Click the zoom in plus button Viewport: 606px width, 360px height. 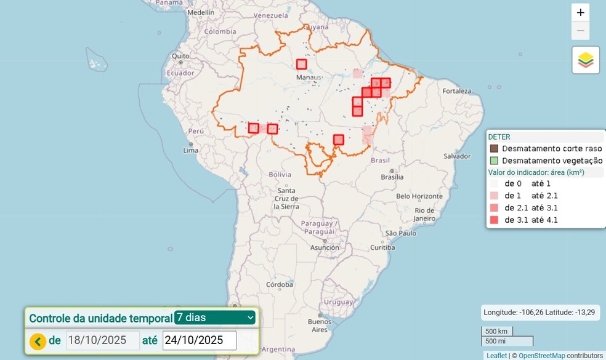coord(580,12)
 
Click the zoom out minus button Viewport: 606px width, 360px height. coord(580,31)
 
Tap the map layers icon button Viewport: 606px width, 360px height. coord(586,60)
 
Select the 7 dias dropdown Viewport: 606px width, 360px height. coord(214,318)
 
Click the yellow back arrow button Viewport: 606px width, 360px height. coord(38,341)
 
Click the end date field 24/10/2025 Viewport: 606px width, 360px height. coord(199,340)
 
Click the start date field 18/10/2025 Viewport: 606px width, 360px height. coord(102,340)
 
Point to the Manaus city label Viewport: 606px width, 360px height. coord(309,78)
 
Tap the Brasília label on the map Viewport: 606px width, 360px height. coord(392,177)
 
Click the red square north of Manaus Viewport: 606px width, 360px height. coord(301,64)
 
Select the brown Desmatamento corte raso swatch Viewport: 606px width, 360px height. coord(494,148)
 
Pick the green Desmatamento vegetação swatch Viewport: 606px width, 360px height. coord(494,160)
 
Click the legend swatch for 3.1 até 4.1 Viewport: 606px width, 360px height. coord(494,220)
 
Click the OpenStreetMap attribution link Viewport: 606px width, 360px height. coord(541,356)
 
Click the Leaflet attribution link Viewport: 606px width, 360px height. coord(496,356)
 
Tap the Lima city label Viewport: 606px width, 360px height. coord(190,150)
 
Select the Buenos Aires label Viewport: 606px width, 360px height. coord(320,326)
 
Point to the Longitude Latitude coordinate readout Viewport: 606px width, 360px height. coord(539,312)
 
